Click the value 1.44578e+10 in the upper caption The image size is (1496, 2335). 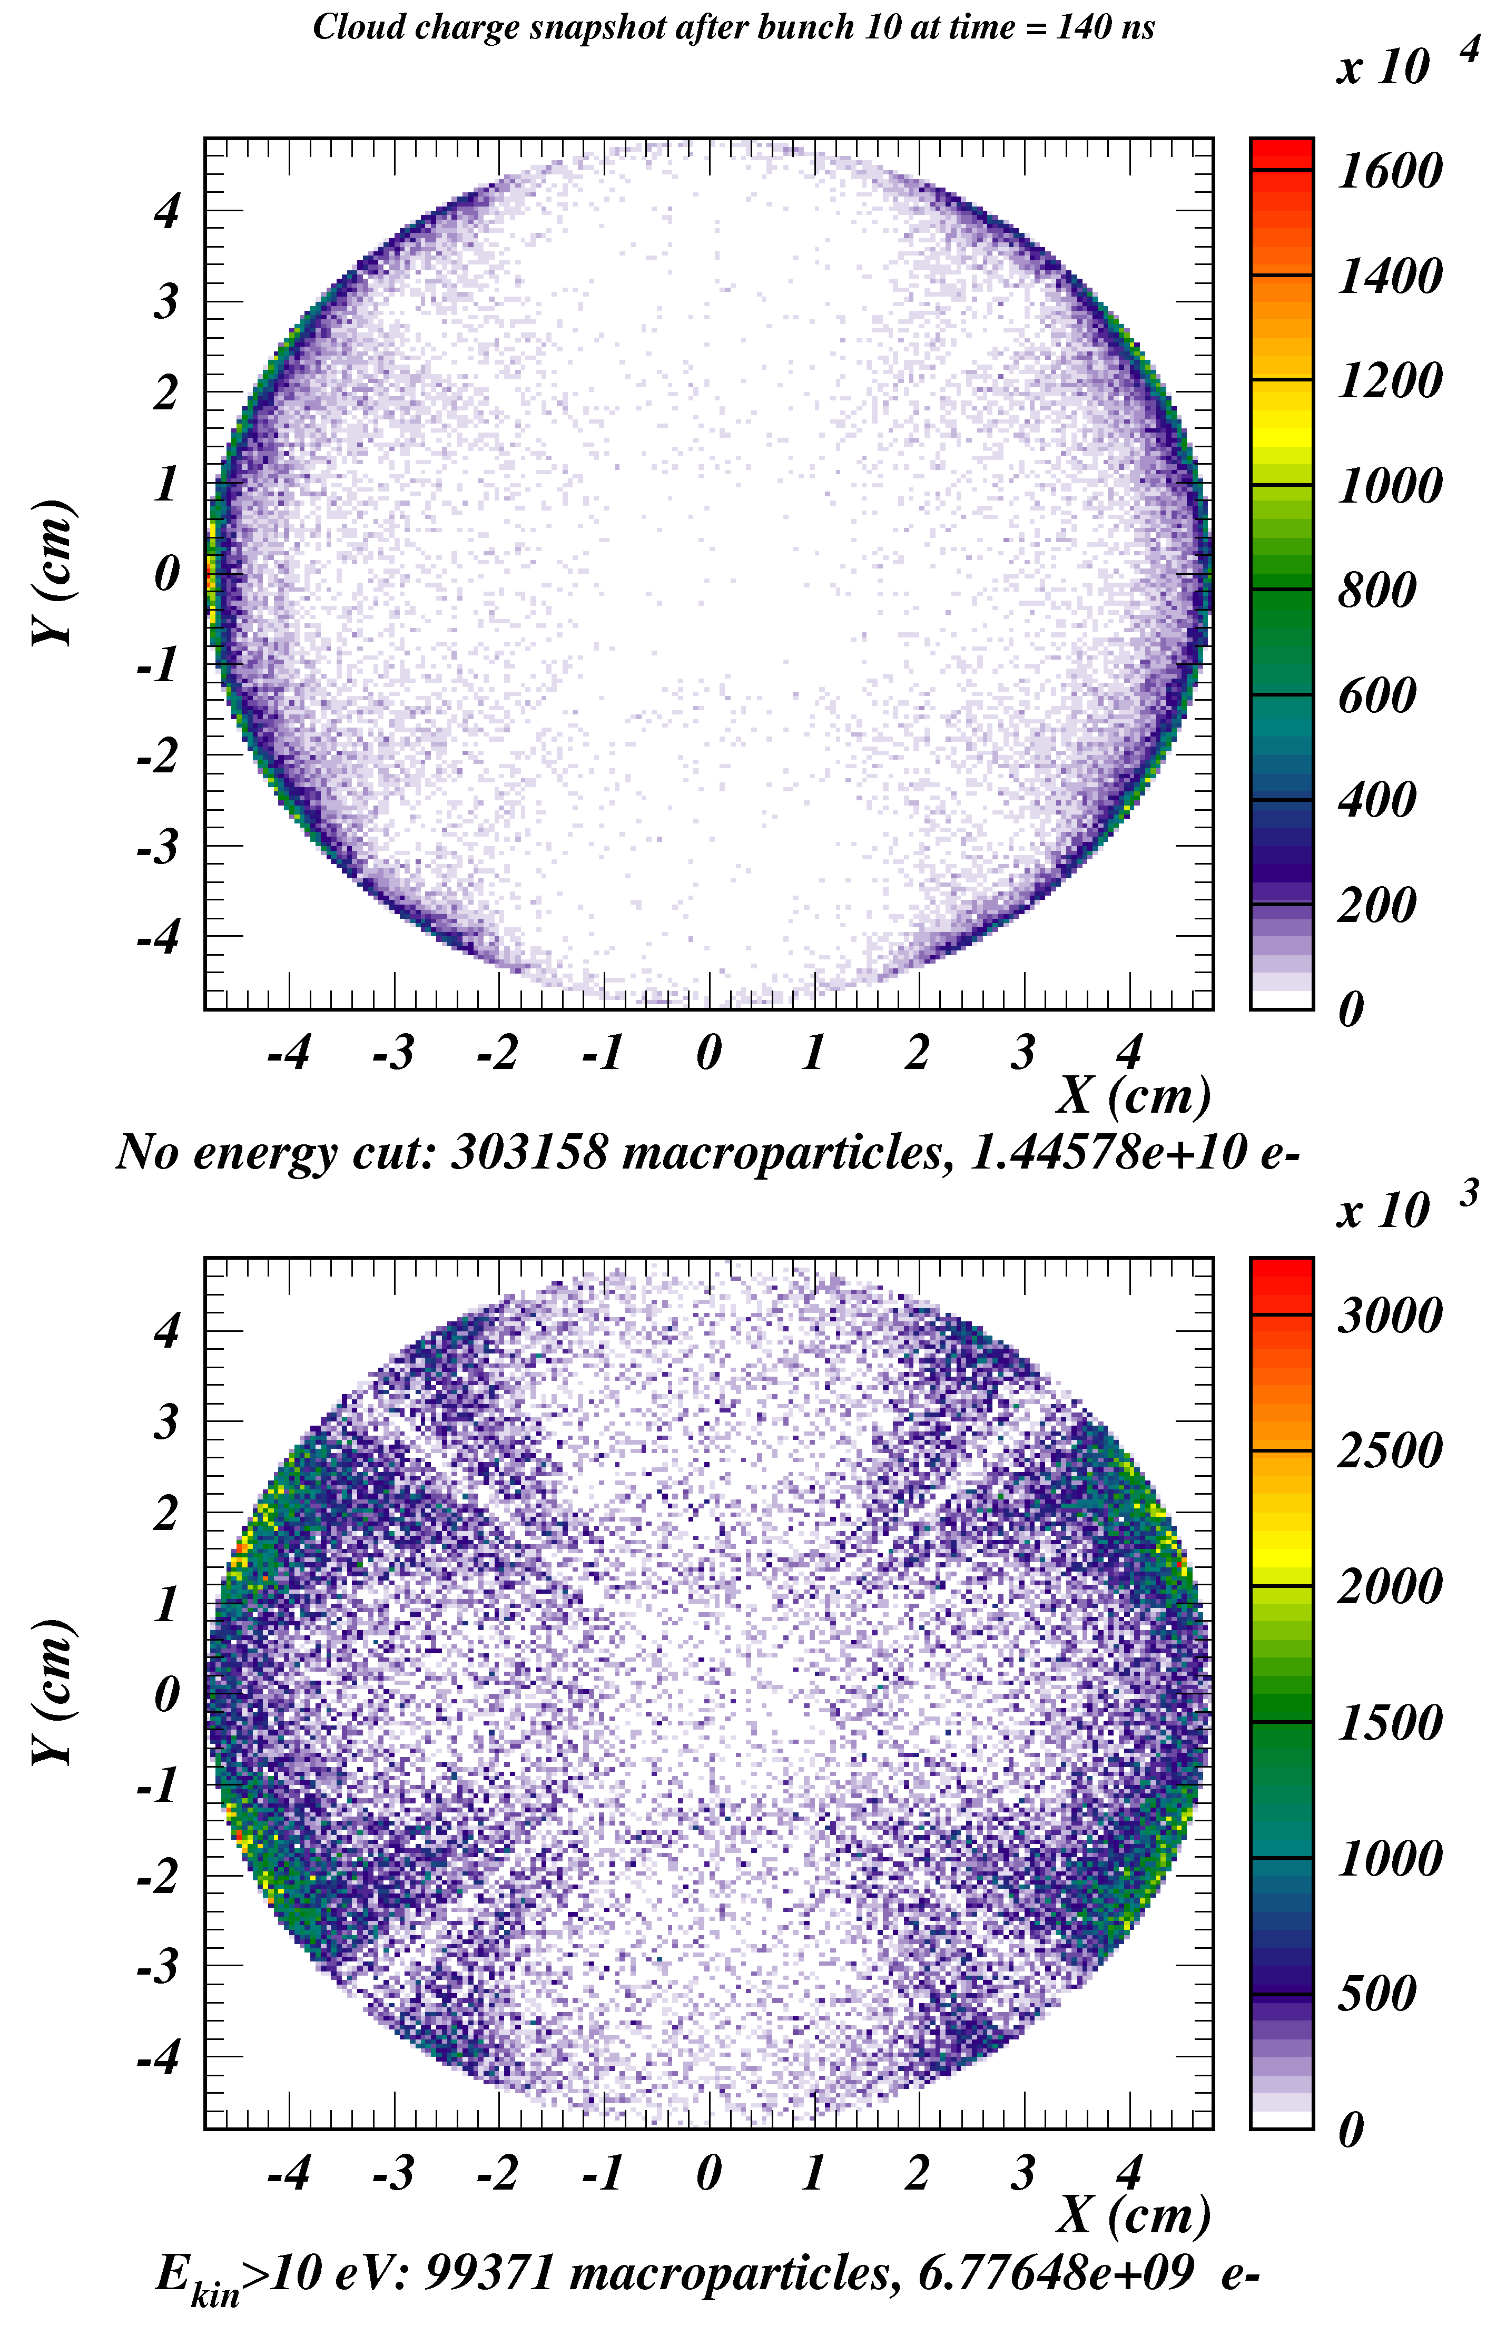[x=1107, y=1153]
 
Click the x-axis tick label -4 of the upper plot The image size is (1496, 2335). [x=289, y=1052]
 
